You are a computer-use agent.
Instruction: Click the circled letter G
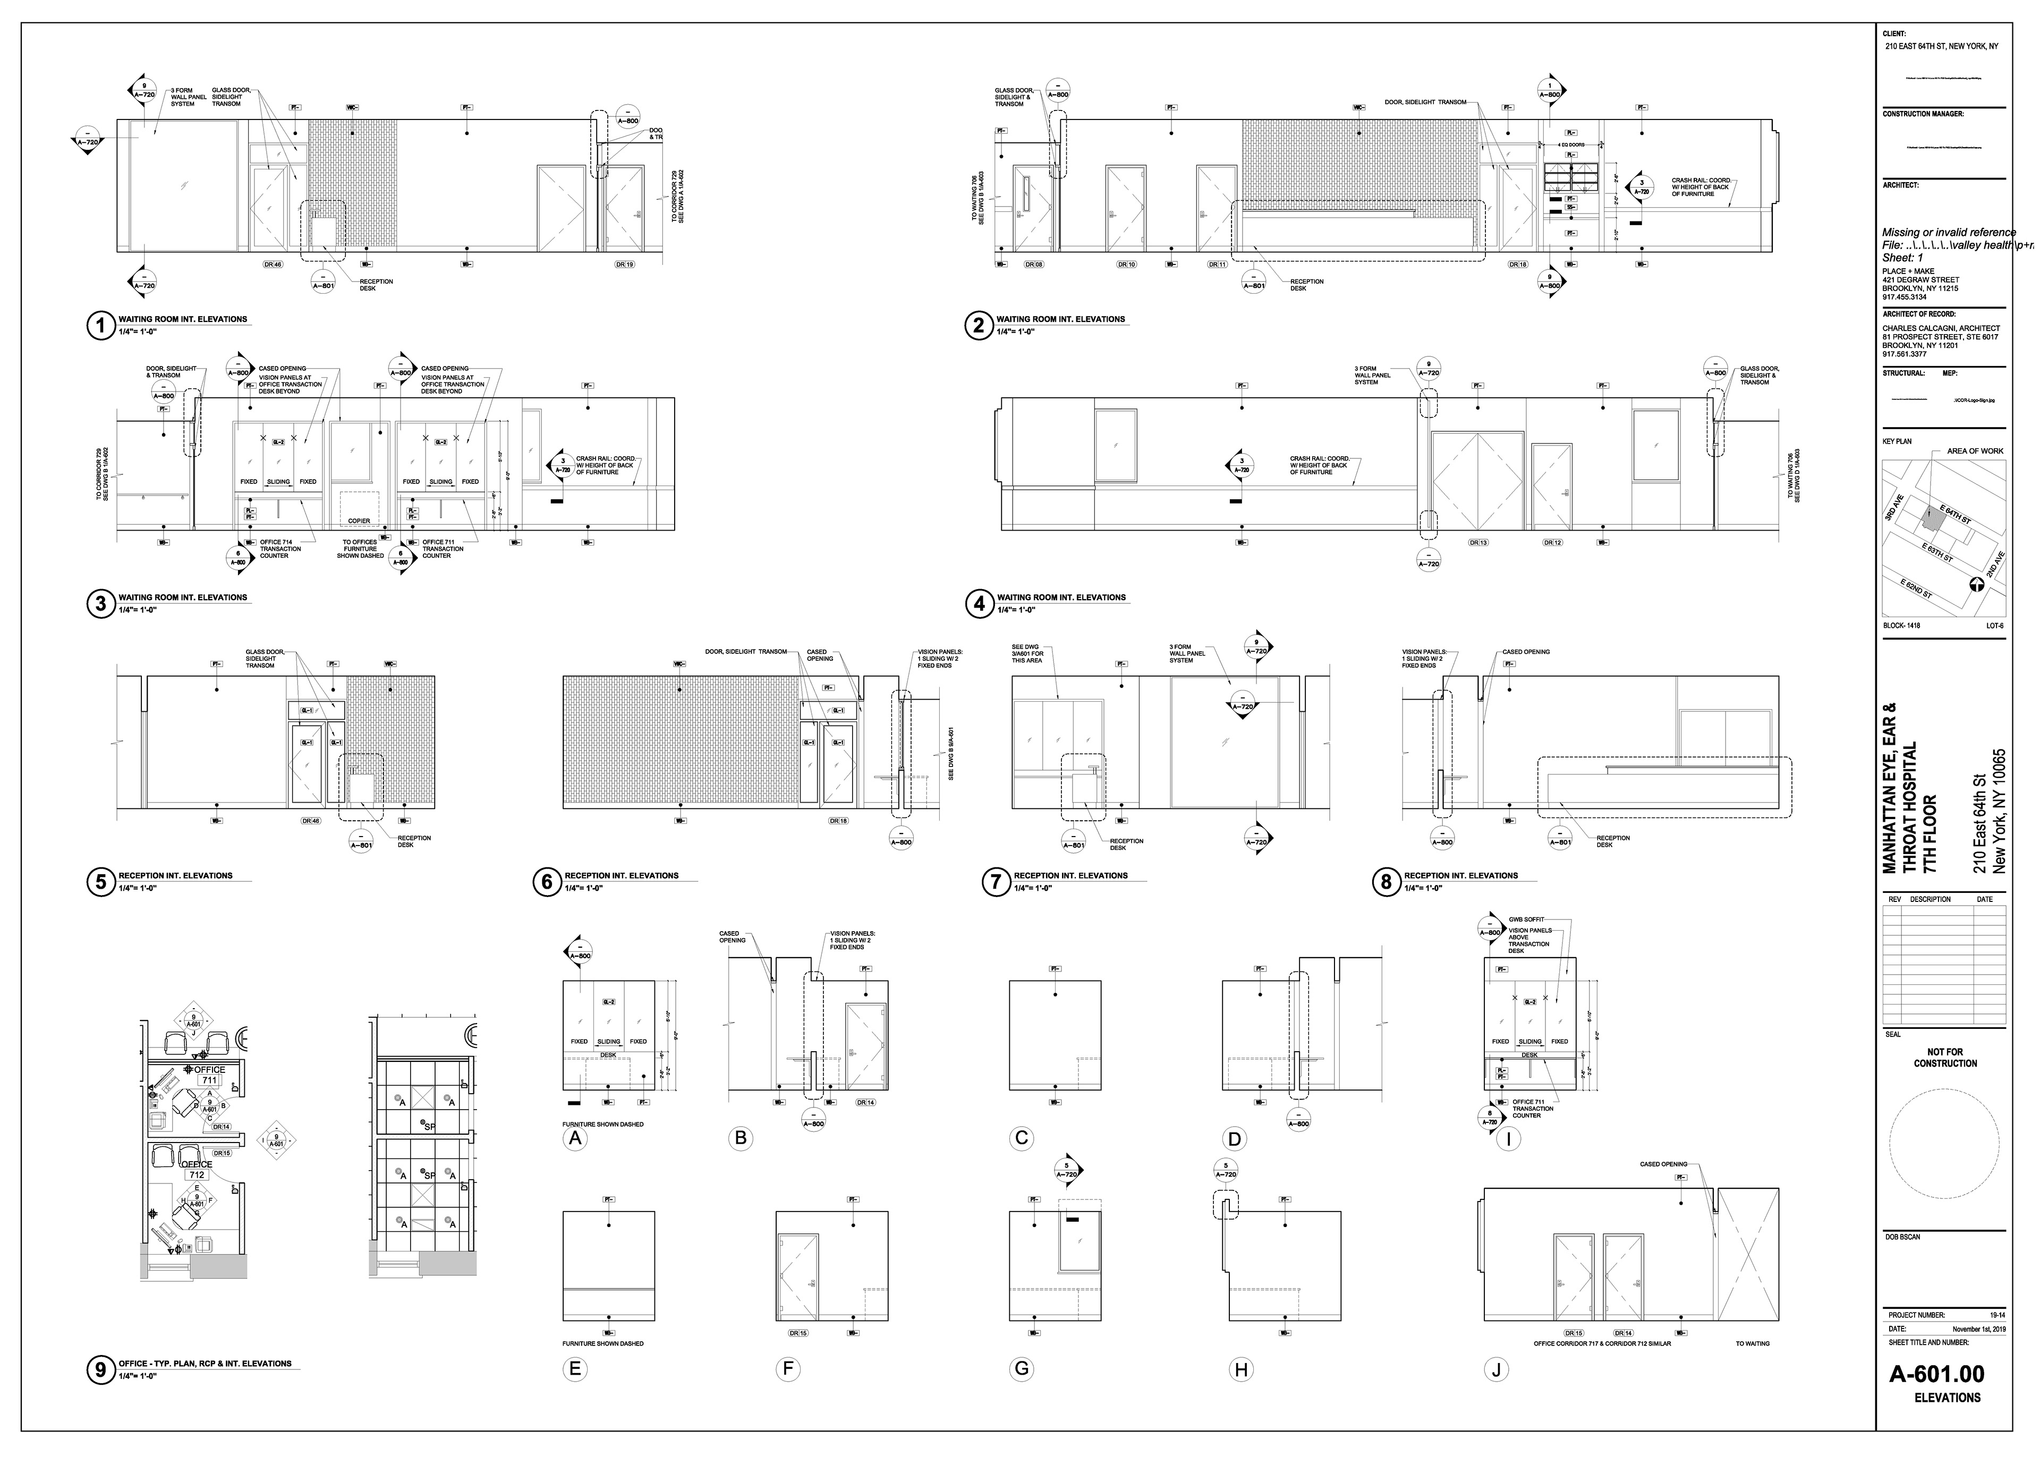[1021, 1369]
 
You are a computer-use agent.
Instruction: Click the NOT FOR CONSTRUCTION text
[1945, 1058]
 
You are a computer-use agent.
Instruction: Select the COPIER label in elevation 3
[359, 521]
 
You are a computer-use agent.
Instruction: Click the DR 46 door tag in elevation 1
[273, 265]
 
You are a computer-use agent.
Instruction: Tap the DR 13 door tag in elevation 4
[1477, 543]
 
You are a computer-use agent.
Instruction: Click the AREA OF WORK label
[1975, 451]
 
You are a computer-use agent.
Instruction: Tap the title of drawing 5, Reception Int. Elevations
[174, 876]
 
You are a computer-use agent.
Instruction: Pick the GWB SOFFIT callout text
[1526, 919]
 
